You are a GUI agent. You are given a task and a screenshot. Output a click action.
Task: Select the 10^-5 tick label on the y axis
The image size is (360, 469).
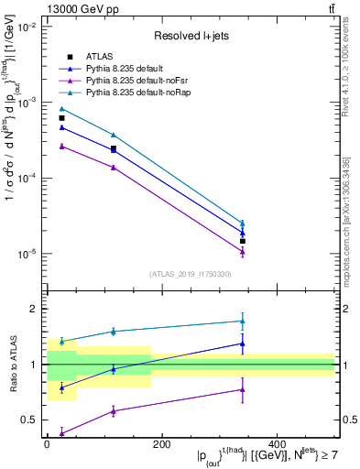tap(26, 254)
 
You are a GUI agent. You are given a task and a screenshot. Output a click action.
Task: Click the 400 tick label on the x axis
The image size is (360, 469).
tap(277, 444)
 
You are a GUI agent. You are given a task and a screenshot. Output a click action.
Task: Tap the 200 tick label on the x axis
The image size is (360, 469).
tap(161, 444)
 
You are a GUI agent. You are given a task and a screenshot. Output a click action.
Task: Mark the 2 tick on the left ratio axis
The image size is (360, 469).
tap(34, 309)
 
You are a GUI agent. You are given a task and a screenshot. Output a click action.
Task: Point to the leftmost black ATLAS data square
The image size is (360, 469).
tap(61, 118)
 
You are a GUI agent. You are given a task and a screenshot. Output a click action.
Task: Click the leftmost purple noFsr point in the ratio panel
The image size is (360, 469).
tap(61, 432)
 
